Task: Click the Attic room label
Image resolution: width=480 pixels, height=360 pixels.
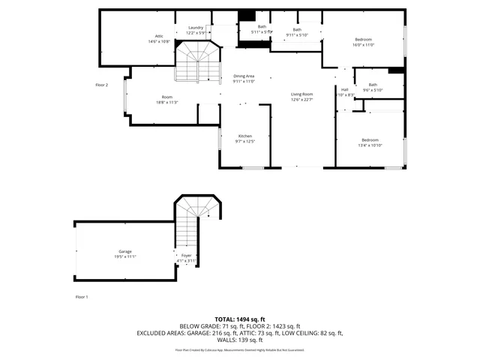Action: pyautogui.click(x=159, y=36)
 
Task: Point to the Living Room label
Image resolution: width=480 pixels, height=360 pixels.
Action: pyautogui.click(x=301, y=94)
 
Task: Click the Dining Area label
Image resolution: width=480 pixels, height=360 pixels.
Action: pyautogui.click(x=244, y=76)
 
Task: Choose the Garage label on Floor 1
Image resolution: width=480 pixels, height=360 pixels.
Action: pyautogui.click(x=124, y=251)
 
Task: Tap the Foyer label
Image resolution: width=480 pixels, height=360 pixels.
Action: pyautogui.click(x=186, y=255)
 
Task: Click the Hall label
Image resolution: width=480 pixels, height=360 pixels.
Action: pyautogui.click(x=344, y=89)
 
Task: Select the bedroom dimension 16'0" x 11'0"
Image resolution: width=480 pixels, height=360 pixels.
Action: pyautogui.click(x=363, y=45)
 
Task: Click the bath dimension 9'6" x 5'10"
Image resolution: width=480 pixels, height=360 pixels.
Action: pyautogui.click(x=373, y=90)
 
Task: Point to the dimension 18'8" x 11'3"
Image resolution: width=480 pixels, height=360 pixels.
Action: pyautogui.click(x=166, y=102)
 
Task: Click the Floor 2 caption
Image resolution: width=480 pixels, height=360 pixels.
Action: pyautogui.click(x=102, y=85)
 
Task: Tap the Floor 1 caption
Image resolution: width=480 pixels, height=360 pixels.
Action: pyautogui.click(x=82, y=297)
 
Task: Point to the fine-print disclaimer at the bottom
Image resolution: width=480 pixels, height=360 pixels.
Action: pyautogui.click(x=239, y=349)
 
